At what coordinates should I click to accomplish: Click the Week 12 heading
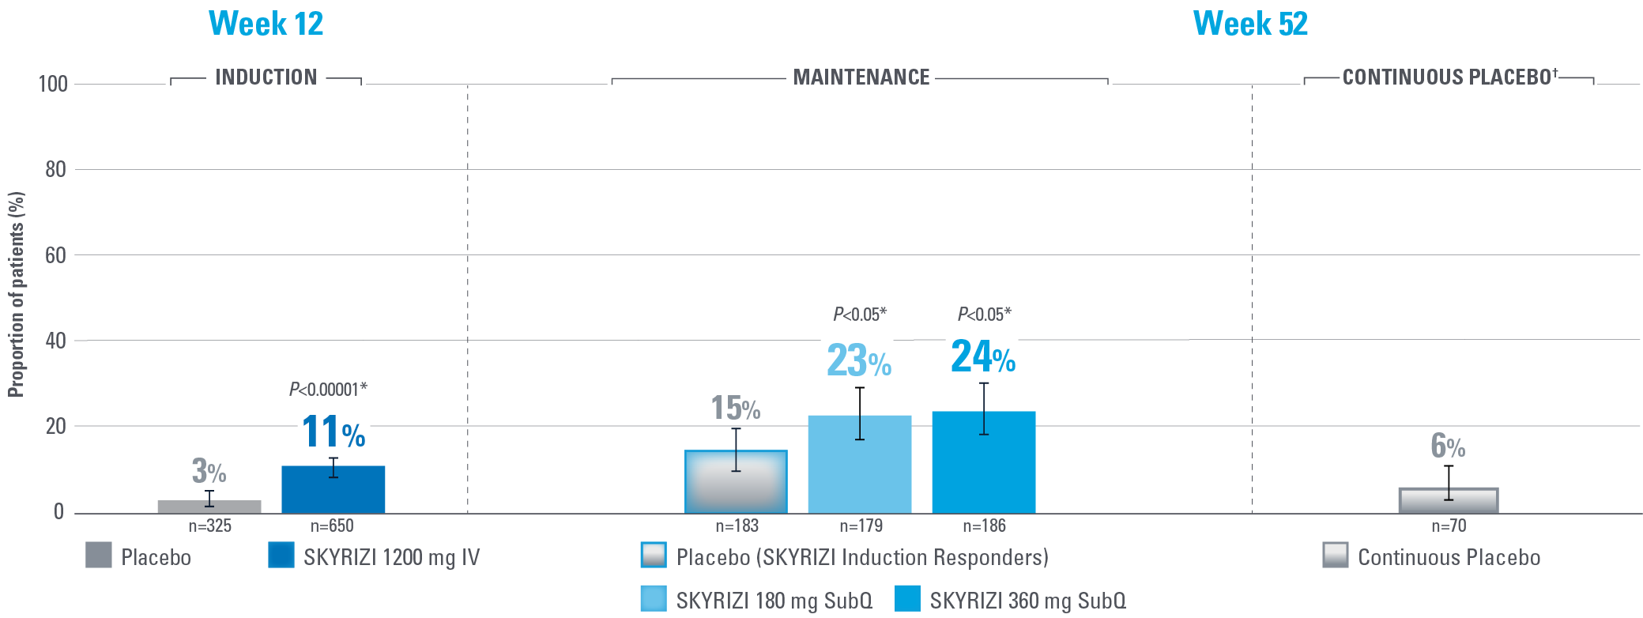point(266,24)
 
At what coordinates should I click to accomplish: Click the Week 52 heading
point(1250,24)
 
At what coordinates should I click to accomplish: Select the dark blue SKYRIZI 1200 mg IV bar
point(333,490)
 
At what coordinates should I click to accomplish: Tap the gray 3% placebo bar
point(209,507)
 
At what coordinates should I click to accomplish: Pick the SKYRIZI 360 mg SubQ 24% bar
point(983,462)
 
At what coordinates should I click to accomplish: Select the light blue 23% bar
point(859,465)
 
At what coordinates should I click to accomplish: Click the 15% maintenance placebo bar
point(736,482)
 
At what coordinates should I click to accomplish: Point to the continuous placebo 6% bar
point(1448,501)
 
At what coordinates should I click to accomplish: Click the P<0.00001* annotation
point(328,390)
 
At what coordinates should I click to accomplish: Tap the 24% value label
point(982,356)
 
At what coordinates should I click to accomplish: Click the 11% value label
point(333,432)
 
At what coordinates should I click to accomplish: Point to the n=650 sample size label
point(332,526)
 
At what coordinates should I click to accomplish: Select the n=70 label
point(1449,526)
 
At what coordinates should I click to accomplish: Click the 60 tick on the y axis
point(55,255)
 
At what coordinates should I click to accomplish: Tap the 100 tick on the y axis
point(53,84)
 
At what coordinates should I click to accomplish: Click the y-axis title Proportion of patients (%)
point(16,294)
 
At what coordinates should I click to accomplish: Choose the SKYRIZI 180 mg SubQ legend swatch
point(654,599)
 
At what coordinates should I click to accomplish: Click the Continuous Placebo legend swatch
point(1335,556)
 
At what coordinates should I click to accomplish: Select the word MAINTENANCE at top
point(861,77)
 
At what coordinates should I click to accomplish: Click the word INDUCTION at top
point(266,77)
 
